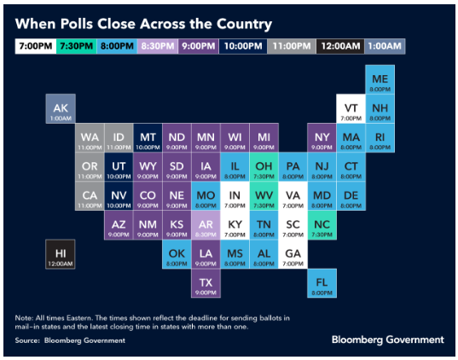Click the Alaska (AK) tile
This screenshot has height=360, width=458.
(x=61, y=108)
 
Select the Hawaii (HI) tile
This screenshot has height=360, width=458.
(x=61, y=254)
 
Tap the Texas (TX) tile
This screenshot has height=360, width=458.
(x=206, y=283)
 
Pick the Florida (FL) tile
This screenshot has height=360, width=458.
(x=322, y=283)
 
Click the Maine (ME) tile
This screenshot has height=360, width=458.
(x=380, y=80)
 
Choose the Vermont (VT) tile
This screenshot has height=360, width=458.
(x=351, y=108)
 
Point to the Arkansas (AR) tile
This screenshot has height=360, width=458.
(x=206, y=225)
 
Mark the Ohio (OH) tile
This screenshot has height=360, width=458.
(x=264, y=167)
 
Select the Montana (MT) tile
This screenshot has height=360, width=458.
(x=148, y=138)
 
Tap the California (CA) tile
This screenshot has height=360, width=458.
(x=90, y=196)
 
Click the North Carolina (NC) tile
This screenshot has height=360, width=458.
(x=322, y=225)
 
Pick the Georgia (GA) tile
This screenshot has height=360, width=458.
(x=293, y=254)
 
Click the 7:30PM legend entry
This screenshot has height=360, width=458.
(x=76, y=46)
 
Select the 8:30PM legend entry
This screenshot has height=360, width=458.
(x=158, y=46)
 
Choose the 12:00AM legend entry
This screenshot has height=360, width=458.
(x=340, y=46)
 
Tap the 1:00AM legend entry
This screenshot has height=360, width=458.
(x=385, y=46)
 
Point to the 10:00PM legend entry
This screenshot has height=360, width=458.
(x=243, y=46)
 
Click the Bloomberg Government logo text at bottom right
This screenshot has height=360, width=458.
(x=387, y=340)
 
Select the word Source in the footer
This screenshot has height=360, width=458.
(x=27, y=340)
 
